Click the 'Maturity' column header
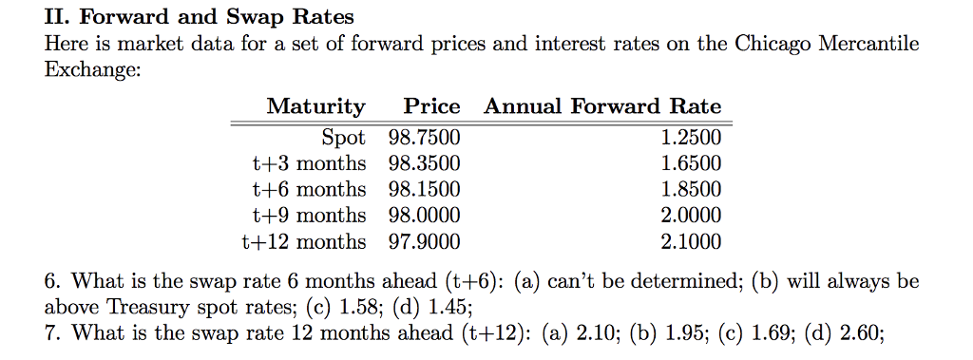click(315, 106)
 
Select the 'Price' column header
click(431, 106)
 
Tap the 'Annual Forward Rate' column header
click(602, 106)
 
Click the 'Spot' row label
click(343, 137)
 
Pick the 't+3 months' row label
click(309, 162)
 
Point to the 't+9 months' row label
click(309, 215)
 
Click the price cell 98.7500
click(423, 137)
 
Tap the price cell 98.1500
click(423, 189)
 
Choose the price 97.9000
click(423, 241)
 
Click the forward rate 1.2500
click(691, 137)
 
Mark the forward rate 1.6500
click(691, 162)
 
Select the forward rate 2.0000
click(691, 215)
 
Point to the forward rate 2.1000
click(691, 241)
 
